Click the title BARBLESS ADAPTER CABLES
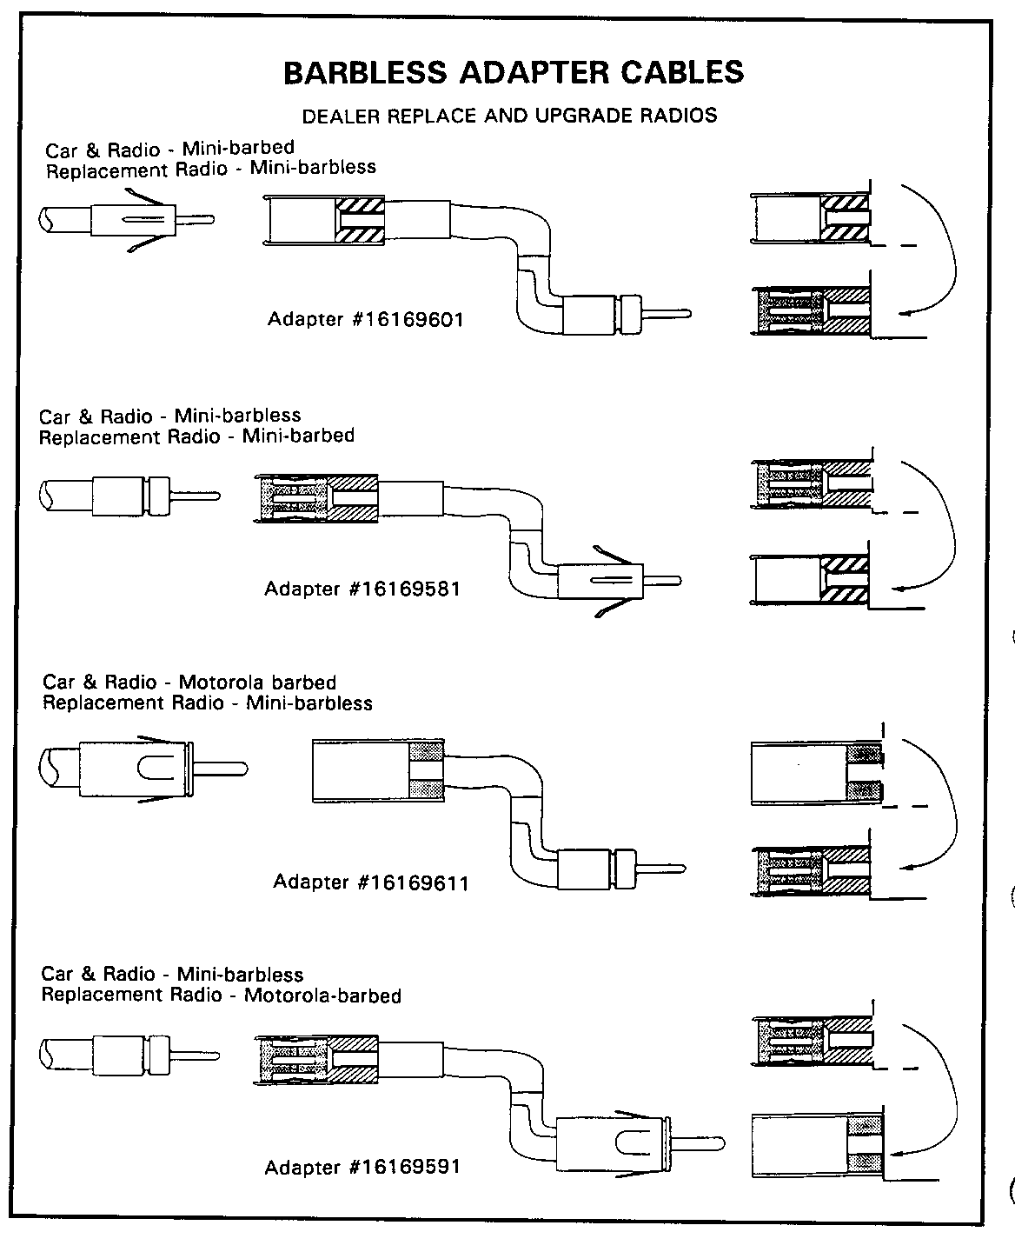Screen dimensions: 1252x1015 514,72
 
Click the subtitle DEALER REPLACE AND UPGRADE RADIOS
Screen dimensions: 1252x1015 509,116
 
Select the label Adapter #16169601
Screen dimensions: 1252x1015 365,319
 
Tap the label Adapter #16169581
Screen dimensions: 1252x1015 362,589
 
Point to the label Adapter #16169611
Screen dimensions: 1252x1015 371,882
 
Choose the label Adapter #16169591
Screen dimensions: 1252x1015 362,1167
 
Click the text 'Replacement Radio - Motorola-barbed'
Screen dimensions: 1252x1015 222,995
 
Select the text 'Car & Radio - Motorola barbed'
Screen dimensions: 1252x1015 189,683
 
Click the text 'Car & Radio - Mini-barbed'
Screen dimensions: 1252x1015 169,149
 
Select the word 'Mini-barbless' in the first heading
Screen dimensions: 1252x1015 313,167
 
